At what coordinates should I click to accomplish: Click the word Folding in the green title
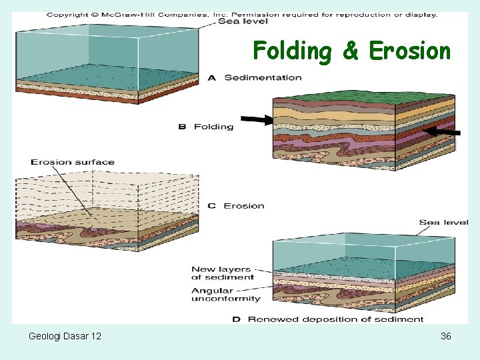[x=292, y=51]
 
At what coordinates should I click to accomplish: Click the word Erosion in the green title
[x=409, y=51]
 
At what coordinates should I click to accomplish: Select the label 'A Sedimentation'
[x=255, y=78]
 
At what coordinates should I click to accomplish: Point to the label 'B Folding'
[x=206, y=127]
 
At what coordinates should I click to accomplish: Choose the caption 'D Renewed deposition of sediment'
[x=328, y=319]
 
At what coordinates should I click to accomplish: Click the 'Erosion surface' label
[x=73, y=162]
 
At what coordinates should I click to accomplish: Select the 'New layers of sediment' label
[x=223, y=273]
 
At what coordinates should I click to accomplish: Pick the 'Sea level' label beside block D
[x=443, y=222]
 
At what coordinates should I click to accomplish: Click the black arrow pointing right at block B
[x=257, y=120]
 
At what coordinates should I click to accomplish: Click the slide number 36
[x=446, y=336]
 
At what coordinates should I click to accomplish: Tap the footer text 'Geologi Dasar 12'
[x=65, y=336]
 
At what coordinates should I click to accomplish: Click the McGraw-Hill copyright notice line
[x=241, y=13]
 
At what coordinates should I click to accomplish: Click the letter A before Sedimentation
[x=212, y=78]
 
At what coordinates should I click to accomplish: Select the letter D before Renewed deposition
[x=236, y=319]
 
